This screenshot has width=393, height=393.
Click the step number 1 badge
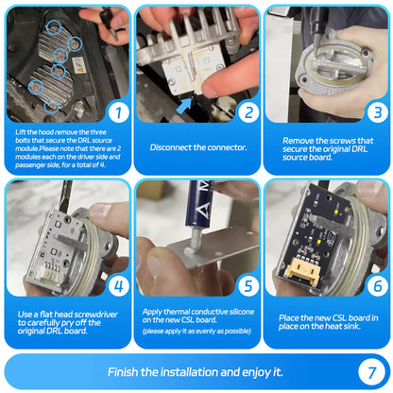coord(118,112)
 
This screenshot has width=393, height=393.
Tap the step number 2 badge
coord(248,112)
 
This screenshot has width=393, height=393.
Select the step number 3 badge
coord(378,112)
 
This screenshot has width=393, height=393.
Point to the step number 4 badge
coord(118,286)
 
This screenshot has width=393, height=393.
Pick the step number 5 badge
coord(248,286)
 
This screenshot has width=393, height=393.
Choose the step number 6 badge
coord(378,286)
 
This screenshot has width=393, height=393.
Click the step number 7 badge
coord(371,372)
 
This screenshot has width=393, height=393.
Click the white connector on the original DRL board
coord(48,275)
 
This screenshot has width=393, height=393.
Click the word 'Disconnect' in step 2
coord(170,147)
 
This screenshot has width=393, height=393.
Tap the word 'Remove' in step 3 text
coord(298,141)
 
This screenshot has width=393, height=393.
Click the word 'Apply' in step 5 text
coord(152,312)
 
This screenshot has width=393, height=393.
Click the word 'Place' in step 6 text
coord(289,318)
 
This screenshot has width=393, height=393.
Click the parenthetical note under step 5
coord(196,331)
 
